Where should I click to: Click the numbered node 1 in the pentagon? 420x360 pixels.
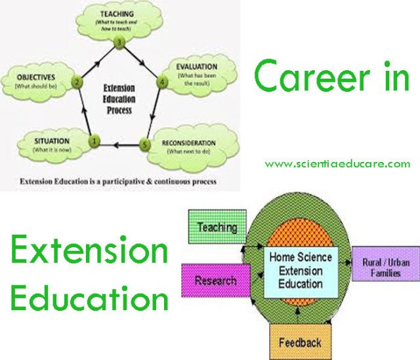point(94,140)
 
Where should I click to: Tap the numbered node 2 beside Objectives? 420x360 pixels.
point(77,83)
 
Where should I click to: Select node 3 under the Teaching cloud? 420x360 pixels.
point(118,42)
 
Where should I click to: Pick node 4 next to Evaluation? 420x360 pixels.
point(162,82)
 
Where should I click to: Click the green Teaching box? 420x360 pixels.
point(217,228)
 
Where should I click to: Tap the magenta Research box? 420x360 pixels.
point(215,281)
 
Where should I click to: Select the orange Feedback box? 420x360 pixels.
point(299,342)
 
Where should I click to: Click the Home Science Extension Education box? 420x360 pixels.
point(300,270)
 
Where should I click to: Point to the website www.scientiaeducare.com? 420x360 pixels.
point(337,164)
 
